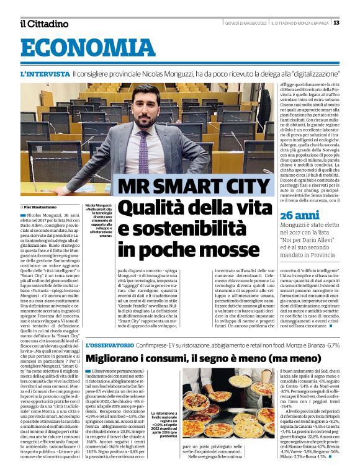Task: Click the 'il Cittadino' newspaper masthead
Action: [43, 24]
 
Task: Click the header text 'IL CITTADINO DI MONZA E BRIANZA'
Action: [303, 24]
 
